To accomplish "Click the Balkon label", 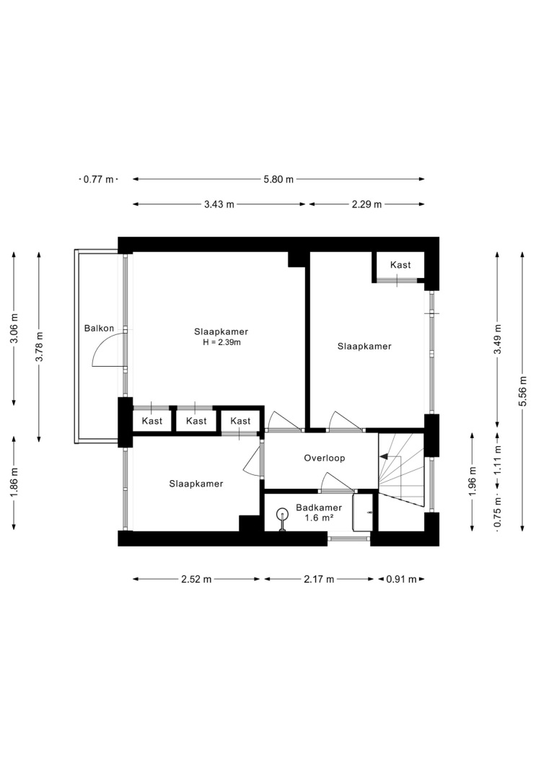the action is pyautogui.click(x=99, y=328).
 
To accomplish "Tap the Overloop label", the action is pyautogui.click(x=325, y=458).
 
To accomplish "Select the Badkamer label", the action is pyautogui.click(x=319, y=507).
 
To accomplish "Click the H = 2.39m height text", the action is pyautogui.click(x=221, y=343).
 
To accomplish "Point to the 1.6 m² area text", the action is pyautogui.click(x=319, y=518).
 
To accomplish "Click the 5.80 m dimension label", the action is pyautogui.click(x=278, y=179).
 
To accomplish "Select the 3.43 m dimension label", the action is pyautogui.click(x=219, y=204).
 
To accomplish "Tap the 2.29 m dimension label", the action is pyautogui.click(x=367, y=204).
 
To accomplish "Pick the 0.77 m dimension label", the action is pyautogui.click(x=99, y=179).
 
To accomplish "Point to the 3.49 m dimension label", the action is pyautogui.click(x=497, y=339).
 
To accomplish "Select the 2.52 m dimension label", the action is pyautogui.click(x=196, y=579).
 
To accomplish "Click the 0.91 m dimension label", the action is pyautogui.click(x=401, y=579).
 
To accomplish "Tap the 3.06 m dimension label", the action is pyautogui.click(x=14, y=328).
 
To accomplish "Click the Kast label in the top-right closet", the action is pyautogui.click(x=400, y=265).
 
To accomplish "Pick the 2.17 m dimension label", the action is pyautogui.click(x=319, y=579).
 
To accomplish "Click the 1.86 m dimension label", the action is pyautogui.click(x=14, y=483).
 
